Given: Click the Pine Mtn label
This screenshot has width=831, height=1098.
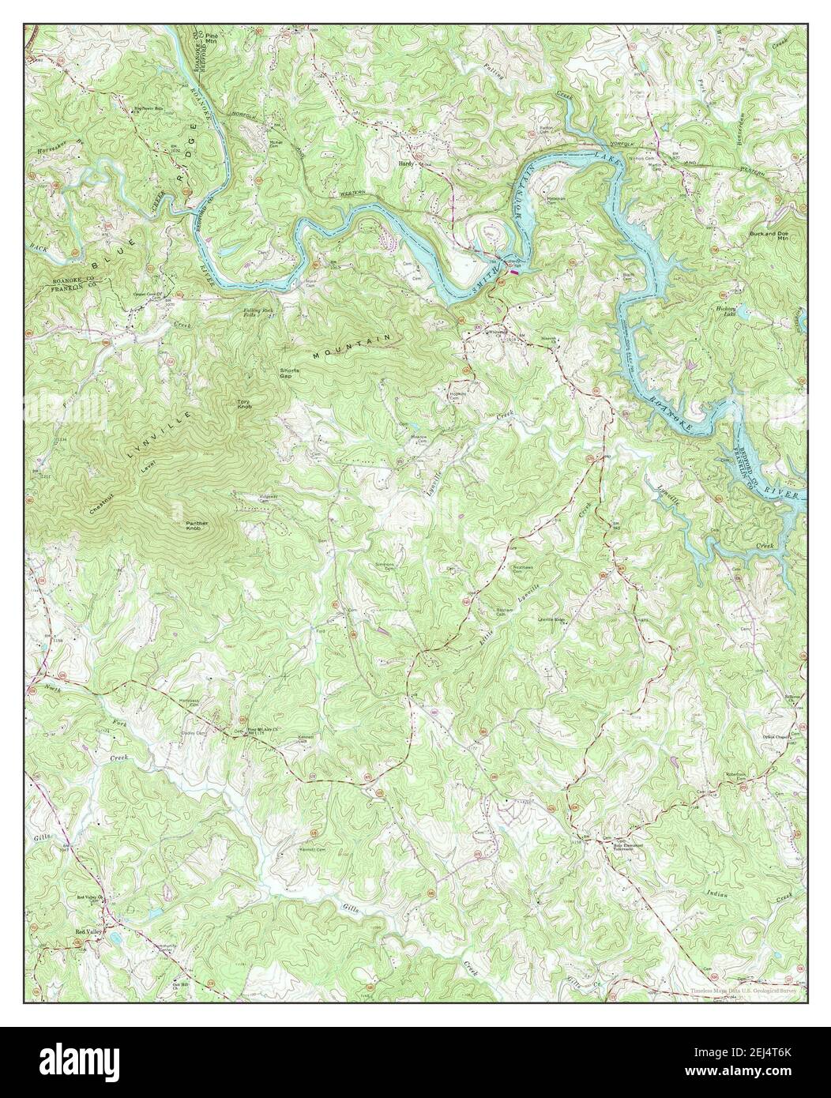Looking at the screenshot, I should tap(211, 39).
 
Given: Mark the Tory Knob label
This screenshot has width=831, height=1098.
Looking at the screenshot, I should tap(245, 404).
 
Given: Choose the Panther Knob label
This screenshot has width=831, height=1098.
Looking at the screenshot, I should tap(194, 525).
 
